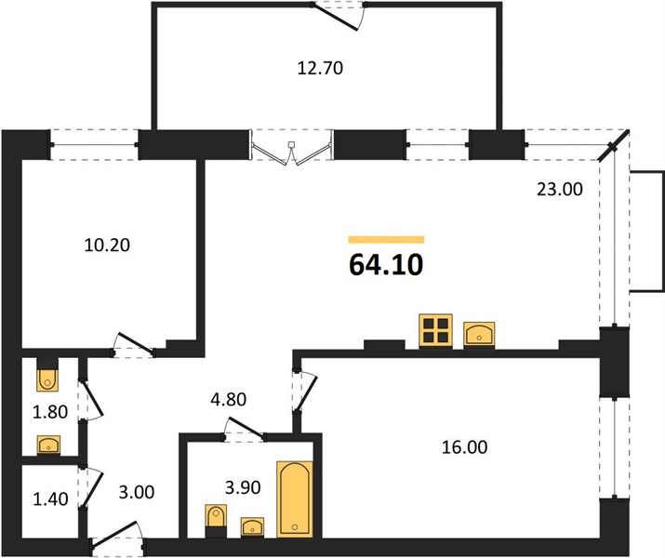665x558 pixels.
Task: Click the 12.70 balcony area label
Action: click(x=320, y=68)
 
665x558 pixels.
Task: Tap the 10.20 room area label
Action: click(x=107, y=245)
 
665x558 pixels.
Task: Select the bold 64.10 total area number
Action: click(x=386, y=264)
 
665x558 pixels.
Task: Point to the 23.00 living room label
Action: click(x=560, y=189)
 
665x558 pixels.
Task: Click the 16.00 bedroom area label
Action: click(x=464, y=447)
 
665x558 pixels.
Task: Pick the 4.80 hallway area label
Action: click(x=229, y=399)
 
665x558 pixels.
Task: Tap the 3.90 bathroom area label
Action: click(x=243, y=487)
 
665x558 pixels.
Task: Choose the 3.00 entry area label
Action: click(x=136, y=492)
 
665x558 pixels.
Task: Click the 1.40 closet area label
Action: click(x=50, y=498)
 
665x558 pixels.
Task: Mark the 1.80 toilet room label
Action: click(x=50, y=412)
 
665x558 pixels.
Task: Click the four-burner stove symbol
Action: click(x=435, y=331)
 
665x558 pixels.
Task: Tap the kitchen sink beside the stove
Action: click(x=479, y=335)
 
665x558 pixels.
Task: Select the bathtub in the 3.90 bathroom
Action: click(x=295, y=499)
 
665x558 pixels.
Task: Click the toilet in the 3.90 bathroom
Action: click(x=216, y=521)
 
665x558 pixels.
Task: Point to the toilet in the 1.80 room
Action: click(x=47, y=375)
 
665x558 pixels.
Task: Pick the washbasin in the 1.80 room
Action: click(x=48, y=445)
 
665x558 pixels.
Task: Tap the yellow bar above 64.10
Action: click(x=386, y=240)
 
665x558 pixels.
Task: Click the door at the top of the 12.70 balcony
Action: click(x=339, y=17)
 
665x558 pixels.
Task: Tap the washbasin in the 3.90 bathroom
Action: click(x=252, y=527)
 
